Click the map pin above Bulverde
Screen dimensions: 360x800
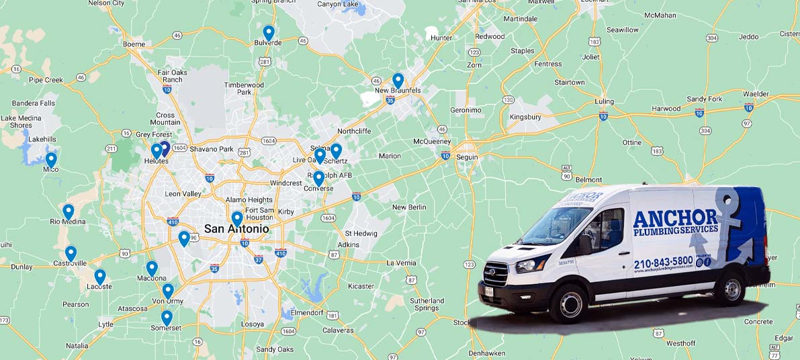269,32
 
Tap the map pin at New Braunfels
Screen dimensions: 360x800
398,80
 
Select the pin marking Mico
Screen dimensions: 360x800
51,160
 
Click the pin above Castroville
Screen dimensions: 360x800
71,253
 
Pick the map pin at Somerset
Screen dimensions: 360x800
167,317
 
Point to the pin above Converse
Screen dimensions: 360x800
318,178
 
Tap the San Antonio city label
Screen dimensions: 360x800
236,229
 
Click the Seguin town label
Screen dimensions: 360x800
467,156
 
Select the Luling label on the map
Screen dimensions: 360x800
605,102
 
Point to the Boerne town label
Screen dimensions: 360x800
134,44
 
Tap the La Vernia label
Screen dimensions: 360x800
401,263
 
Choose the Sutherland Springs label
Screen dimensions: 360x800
427,304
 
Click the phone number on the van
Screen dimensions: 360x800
663,261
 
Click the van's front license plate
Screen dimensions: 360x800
489,291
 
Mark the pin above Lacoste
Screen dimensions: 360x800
100,277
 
